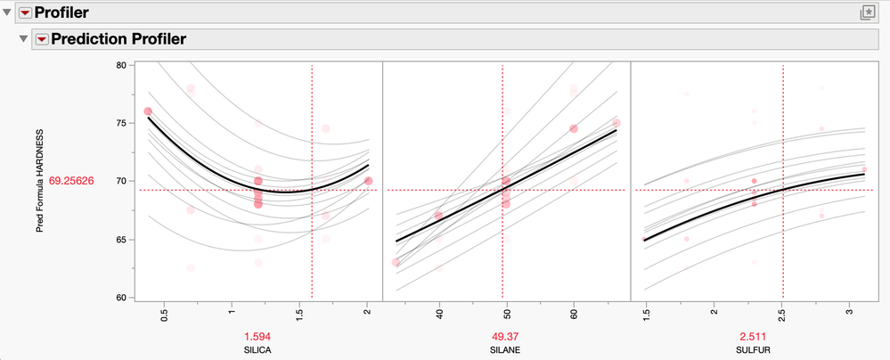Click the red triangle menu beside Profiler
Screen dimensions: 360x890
[25, 12]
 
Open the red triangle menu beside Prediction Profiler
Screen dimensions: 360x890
[41, 39]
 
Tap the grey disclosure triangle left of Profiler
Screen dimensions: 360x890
[8, 12]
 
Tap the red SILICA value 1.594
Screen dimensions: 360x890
[257, 336]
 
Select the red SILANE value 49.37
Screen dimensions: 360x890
[503, 336]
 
